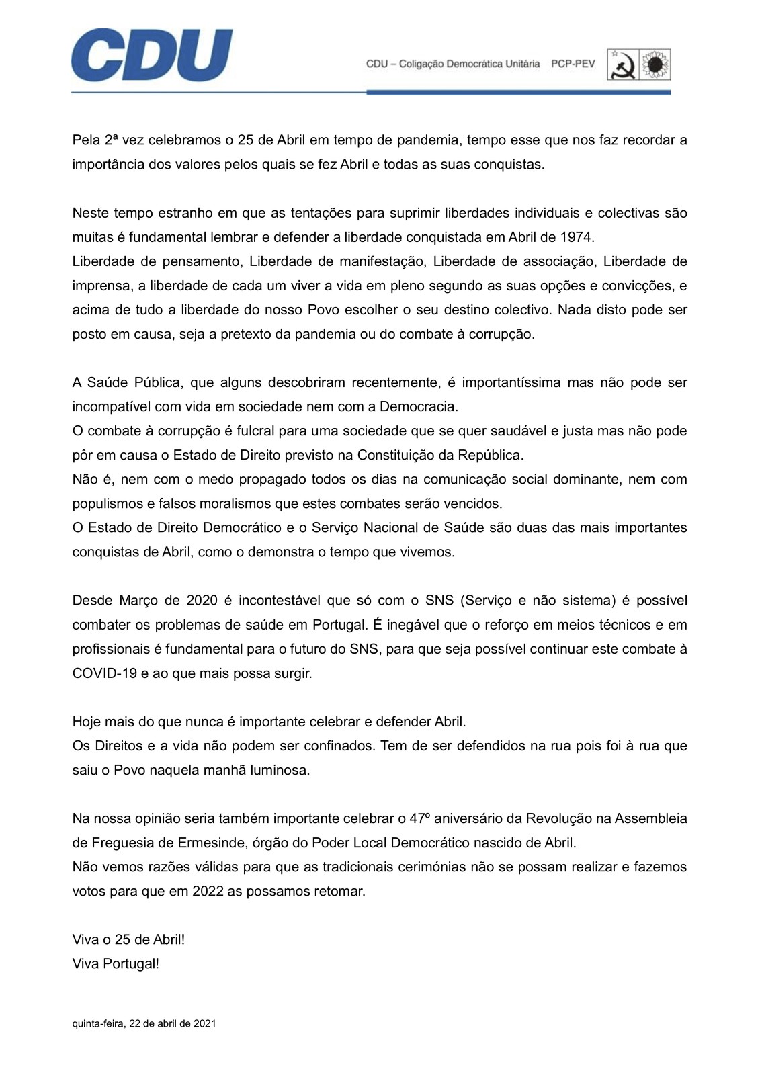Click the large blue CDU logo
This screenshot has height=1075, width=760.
point(152,55)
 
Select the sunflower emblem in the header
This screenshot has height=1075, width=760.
point(656,64)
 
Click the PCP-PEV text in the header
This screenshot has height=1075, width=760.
point(573,64)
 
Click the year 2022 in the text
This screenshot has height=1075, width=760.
point(208,892)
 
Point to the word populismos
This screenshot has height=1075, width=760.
point(105,503)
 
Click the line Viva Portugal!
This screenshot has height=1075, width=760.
point(116,963)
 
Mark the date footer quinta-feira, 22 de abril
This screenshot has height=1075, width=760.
point(144,1024)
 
